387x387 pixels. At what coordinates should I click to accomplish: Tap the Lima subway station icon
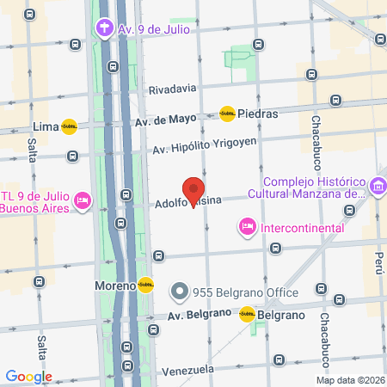[x=69, y=126]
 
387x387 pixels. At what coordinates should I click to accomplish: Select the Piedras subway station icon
[x=227, y=114]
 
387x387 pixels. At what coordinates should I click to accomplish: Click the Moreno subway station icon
[x=145, y=285]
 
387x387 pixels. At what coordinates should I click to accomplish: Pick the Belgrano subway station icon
[x=247, y=315]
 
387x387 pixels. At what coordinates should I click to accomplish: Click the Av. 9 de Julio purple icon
[x=105, y=28]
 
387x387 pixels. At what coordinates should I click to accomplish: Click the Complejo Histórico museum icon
[x=377, y=186]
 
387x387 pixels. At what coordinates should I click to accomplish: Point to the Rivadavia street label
[x=173, y=89]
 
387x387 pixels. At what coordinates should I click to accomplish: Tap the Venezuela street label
[x=187, y=370]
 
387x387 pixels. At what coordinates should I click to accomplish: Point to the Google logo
[x=28, y=377]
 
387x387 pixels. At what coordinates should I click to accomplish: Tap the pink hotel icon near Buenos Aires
[x=83, y=200]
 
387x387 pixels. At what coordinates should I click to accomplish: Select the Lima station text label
[x=43, y=126]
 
